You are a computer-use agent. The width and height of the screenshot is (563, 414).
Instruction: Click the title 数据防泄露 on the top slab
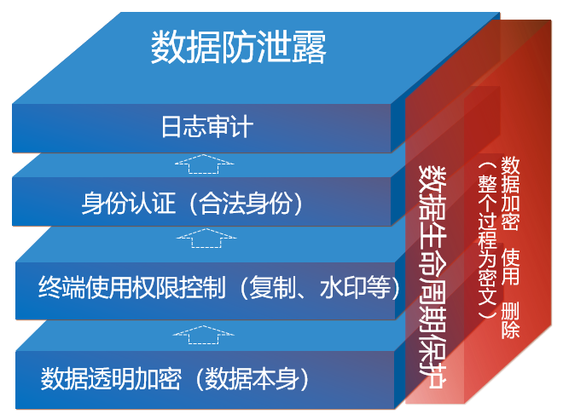(x=239, y=48)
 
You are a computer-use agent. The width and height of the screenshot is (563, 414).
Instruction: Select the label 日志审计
(x=207, y=129)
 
